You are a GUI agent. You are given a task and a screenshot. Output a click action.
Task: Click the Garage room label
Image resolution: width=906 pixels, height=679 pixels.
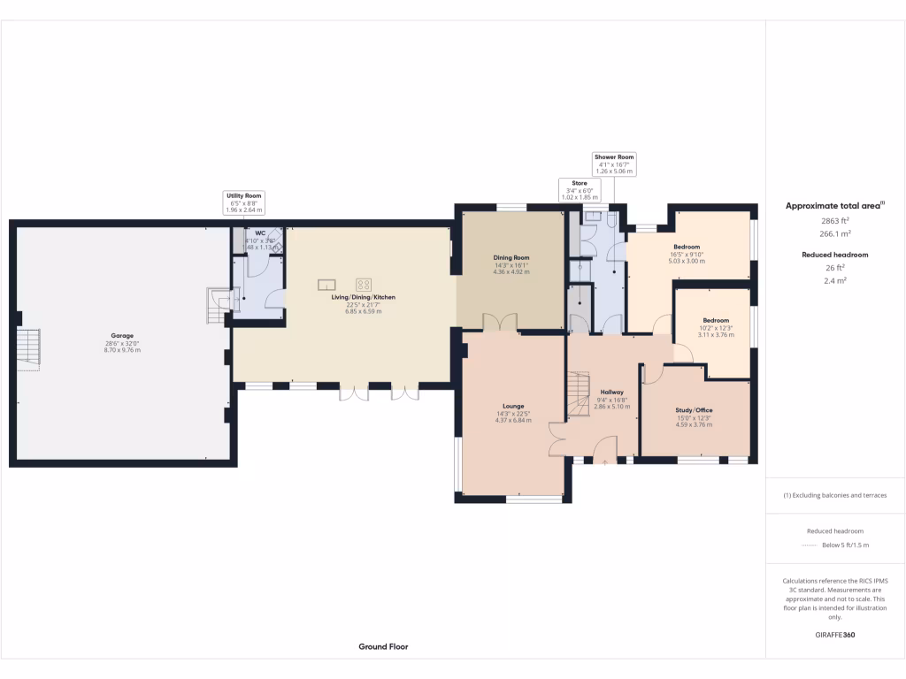pos(122,336)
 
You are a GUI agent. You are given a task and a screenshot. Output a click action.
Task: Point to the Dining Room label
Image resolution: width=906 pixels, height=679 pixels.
pos(511,258)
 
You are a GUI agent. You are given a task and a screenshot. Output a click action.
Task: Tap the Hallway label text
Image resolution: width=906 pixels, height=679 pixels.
pos(612,392)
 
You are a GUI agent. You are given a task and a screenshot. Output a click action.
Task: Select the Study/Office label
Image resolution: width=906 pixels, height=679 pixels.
pos(695,410)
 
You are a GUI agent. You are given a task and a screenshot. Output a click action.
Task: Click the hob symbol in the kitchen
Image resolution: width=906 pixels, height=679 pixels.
pos(364,285)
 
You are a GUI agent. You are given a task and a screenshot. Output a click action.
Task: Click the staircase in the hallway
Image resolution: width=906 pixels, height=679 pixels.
pos(578,394)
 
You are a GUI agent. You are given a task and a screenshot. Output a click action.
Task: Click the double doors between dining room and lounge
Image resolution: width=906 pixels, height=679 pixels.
pos(500,323)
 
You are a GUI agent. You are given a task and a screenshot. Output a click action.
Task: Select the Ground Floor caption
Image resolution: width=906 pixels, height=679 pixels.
pos(383,646)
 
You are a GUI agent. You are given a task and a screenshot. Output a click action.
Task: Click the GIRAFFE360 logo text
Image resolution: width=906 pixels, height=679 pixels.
pos(835,635)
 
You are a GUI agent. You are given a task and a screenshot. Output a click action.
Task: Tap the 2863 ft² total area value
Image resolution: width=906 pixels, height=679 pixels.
pos(835,221)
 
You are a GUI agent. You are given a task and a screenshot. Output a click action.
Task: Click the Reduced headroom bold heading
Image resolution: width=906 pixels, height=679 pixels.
pos(835,255)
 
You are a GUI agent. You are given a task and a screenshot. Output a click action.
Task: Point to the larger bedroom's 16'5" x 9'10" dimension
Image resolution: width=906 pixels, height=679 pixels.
pos(687,255)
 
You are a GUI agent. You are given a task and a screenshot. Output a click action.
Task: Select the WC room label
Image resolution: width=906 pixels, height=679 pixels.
pos(260,233)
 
